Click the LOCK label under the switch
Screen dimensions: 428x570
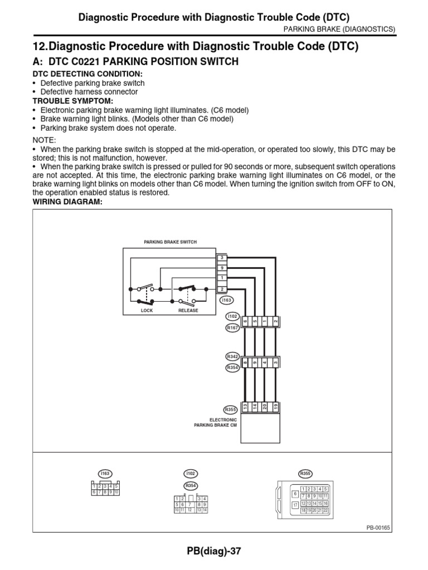coord(147,311)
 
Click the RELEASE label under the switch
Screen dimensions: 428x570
coord(188,311)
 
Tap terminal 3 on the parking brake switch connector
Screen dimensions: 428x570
coord(222,258)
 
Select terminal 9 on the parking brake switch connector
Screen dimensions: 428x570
coord(222,268)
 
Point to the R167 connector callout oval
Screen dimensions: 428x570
coord(232,328)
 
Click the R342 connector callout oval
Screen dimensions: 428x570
coord(232,356)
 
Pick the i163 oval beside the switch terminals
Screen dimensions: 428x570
coord(226,300)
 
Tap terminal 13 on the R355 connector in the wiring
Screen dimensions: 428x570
coord(245,406)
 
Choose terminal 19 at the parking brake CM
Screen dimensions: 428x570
coord(276,406)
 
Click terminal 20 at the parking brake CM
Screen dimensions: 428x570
coord(266,406)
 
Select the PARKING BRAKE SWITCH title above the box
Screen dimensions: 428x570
coord(171,242)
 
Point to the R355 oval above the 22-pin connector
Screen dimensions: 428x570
coord(305,473)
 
